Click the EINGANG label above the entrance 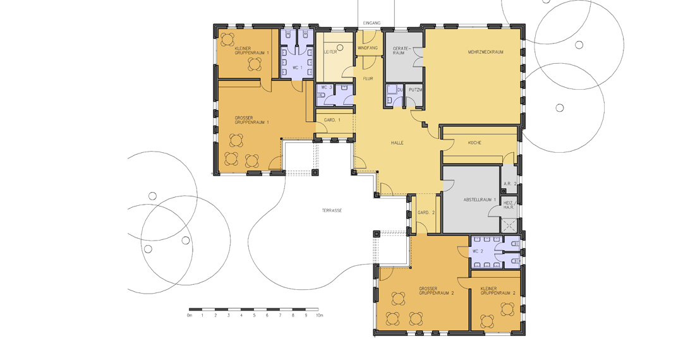point(372,23)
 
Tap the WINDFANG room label point(367,47)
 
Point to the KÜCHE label point(474,143)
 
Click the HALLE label point(397,143)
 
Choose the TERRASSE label point(332,210)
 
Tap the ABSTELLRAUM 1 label point(480,200)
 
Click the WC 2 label point(478,251)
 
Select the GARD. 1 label point(332,120)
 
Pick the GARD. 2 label point(426,213)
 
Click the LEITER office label point(330,52)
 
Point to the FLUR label point(368,78)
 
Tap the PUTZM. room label point(415,90)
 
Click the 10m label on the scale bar point(320,315)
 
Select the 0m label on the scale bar point(190,315)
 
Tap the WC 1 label point(296,68)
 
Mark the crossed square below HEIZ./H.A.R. point(509,225)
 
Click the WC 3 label point(326,87)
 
